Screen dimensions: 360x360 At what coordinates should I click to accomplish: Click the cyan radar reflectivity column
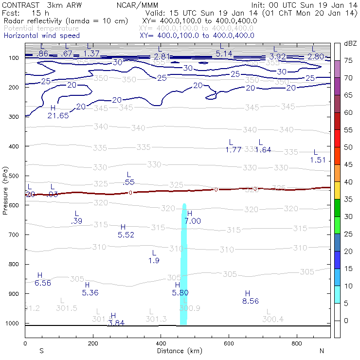pos(184,263)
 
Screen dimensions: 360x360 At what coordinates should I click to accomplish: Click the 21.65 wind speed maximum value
pos(58,115)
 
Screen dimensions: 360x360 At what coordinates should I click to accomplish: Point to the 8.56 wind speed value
pos(250,301)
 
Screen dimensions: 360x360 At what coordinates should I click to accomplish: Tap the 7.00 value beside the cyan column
pos(193,221)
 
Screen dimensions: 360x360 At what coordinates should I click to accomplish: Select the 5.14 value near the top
pos(224,54)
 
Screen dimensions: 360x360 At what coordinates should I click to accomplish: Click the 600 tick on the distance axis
pos(229,343)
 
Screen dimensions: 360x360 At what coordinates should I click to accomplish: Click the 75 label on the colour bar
pos(348,61)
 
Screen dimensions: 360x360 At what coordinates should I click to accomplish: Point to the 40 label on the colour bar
pos(348,182)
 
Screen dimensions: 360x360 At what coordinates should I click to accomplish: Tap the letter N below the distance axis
pos(322,351)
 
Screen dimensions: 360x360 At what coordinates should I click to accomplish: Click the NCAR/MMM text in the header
pos(137,5)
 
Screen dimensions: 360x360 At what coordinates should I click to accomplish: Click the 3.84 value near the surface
pos(116,323)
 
